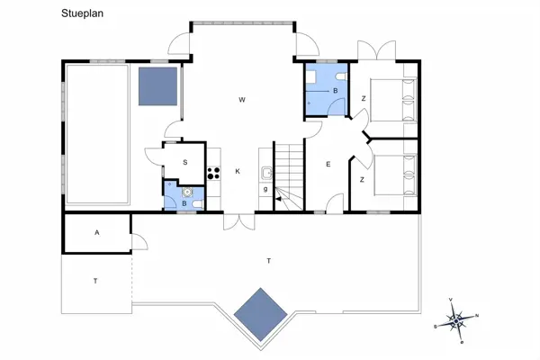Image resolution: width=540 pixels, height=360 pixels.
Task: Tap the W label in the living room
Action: (242, 99)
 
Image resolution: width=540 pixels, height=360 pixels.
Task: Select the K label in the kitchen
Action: (238, 171)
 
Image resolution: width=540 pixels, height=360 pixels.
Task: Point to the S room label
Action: (184, 162)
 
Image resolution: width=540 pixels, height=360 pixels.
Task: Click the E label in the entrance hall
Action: (328, 165)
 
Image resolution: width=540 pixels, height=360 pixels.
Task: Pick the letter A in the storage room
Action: (96, 232)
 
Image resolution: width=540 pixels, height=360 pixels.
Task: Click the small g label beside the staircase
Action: (265, 189)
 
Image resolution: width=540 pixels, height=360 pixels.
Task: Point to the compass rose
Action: (457, 318)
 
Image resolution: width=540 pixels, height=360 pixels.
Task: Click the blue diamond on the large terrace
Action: (260, 313)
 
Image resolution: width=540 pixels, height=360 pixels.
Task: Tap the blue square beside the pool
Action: (157, 86)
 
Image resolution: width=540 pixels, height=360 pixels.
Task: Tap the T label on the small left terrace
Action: (94, 281)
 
